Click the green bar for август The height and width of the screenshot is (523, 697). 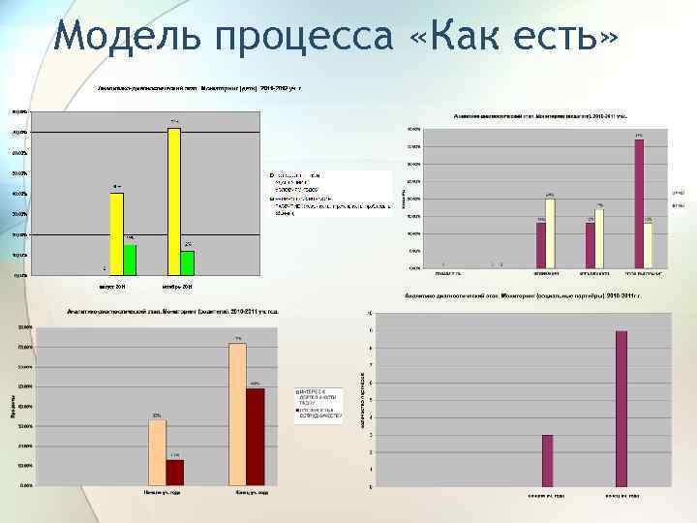(130, 259)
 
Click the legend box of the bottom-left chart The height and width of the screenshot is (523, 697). (318, 407)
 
